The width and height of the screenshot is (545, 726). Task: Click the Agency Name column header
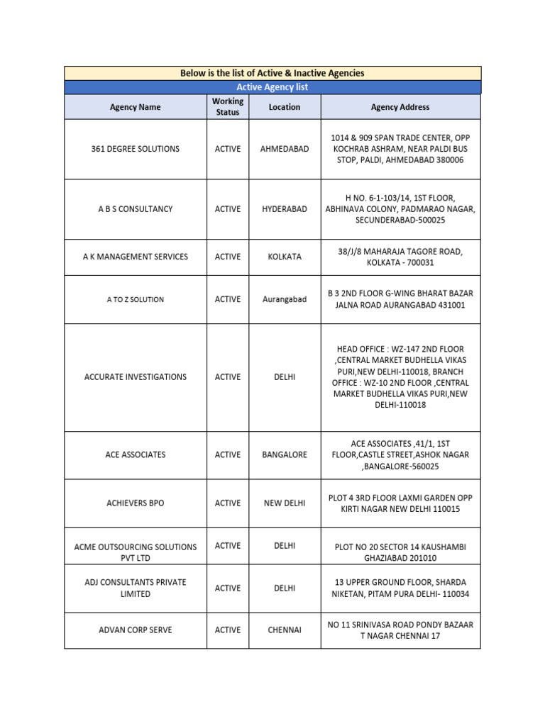pos(135,107)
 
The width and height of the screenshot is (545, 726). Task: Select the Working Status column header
pos(227,107)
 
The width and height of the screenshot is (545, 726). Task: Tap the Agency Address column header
pos(400,107)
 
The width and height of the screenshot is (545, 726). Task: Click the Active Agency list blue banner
pos(272,87)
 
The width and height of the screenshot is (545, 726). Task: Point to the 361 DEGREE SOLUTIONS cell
pos(135,149)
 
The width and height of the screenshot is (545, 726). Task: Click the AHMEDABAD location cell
pos(285,149)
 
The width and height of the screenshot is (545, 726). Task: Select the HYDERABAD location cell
pos(285,209)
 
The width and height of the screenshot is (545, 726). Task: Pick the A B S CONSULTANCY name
pos(135,209)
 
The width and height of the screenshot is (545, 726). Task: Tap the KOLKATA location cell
pos(285,257)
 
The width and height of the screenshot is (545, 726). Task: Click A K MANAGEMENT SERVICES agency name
pos(135,257)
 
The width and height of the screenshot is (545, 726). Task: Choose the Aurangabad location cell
pos(285,299)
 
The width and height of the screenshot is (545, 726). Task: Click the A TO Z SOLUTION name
pos(135,300)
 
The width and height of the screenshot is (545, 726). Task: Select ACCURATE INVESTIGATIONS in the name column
pos(135,377)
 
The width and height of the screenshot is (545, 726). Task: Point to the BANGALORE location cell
pos(285,454)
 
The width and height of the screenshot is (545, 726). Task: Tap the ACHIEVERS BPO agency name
pos(135,503)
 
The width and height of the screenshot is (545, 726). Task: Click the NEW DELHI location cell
pos(285,503)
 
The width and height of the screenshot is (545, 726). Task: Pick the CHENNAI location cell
pos(285,630)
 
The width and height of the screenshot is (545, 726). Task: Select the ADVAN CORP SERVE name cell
pos(135,630)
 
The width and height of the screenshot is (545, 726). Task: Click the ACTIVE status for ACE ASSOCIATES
pos(227,454)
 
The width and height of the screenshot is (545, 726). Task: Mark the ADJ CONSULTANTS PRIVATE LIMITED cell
pos(135,588)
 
